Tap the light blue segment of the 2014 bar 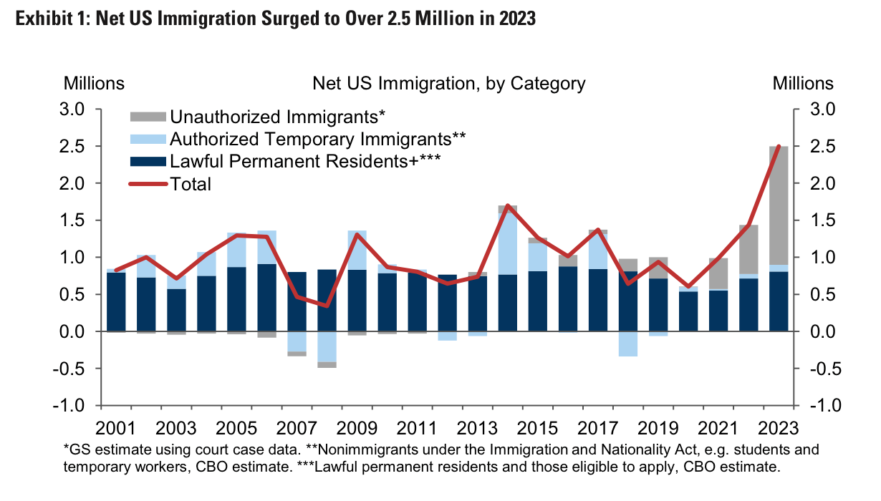pyautogui.click(x=507, y=243)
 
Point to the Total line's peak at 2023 pyautogui.click(x=779, y=147)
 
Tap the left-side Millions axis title pyautogui.click(x=94, y=83)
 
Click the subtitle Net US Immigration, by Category pyautogui.click(x=448, y=83)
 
